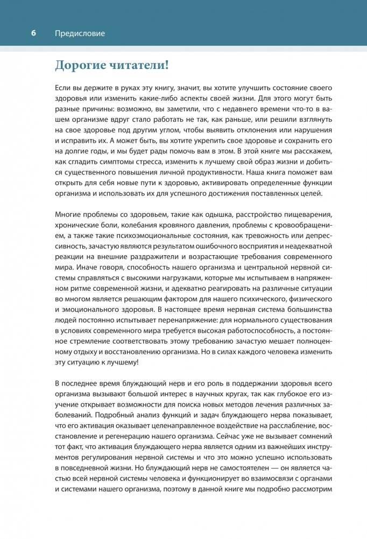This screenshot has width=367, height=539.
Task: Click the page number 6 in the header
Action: click(33, 33)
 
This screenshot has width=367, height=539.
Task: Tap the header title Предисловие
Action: click(80, 33)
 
